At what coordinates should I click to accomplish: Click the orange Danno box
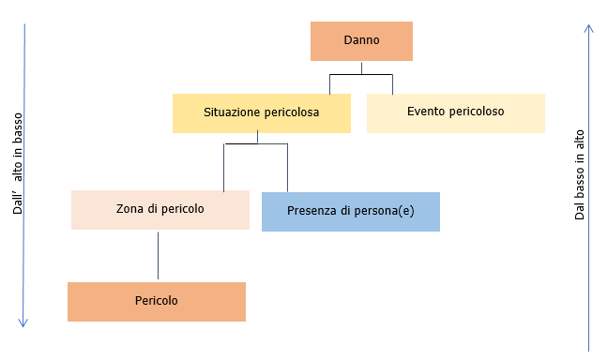tap(361, 41)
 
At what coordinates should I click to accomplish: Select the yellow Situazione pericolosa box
tap(262, 112)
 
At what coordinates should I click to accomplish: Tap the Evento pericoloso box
tap(455, 112)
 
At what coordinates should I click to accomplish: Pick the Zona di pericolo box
tap(160, 210)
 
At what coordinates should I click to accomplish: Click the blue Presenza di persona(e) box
tap(350, 211)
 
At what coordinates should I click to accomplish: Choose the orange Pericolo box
tap(157, 301)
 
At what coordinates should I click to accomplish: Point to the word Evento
tap(425, 112)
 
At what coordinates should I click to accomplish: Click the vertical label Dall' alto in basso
tap(18, 165)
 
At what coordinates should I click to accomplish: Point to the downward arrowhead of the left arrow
tap(24, 322)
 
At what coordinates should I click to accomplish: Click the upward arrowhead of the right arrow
tap(588, 29)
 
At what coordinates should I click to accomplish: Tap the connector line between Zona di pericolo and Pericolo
tap(158, 255)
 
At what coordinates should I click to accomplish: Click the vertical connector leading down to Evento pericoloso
tap(392, 83)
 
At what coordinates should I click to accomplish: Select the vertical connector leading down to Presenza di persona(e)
tap(287, 167)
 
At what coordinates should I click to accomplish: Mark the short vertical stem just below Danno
tap(361, 67)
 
